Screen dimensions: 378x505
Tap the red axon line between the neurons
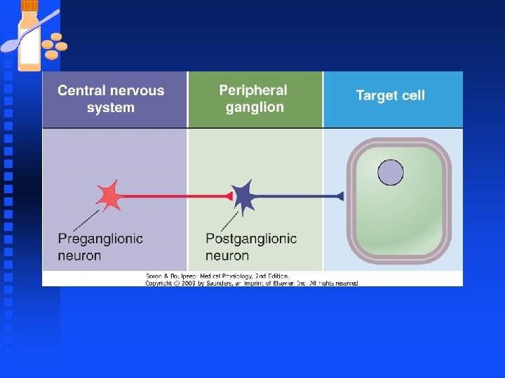point(172,196)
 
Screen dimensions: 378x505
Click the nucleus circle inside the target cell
point(391,172)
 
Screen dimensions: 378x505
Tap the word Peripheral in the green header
point(253,90)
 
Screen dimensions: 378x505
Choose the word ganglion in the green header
point(255,107)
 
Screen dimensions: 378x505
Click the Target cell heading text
point(390,95)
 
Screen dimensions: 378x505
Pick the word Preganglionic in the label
point(100,239)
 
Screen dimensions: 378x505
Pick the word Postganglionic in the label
point(251,239)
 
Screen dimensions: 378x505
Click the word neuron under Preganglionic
point(79,255)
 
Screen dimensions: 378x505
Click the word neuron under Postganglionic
point(227,255)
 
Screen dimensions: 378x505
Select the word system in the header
point(110,108)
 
